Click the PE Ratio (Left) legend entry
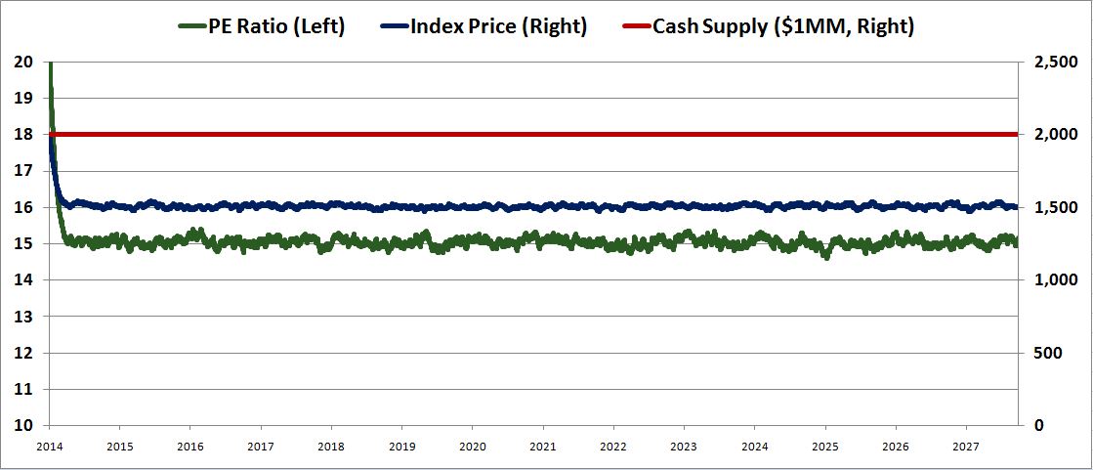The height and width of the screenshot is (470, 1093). pos(276,26)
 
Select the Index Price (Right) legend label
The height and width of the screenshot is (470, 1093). pos(498,26)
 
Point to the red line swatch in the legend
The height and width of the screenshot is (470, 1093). pos(643,27)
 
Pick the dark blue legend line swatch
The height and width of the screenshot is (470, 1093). pos(390,27)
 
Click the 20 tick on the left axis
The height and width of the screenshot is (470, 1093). pos(23,62)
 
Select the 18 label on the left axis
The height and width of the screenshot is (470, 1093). pos(23,135)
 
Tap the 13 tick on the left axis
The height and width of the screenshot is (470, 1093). pos(23,317)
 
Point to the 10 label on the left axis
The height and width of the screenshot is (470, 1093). pos(23,426)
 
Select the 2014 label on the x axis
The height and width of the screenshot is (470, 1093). pos(49,446)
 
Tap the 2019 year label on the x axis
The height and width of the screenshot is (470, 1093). pos(401,446)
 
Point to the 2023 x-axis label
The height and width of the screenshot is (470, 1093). pos(684,446)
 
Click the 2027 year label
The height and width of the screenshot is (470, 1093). pos(966,446)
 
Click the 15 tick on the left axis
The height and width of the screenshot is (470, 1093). pos(23,244)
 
